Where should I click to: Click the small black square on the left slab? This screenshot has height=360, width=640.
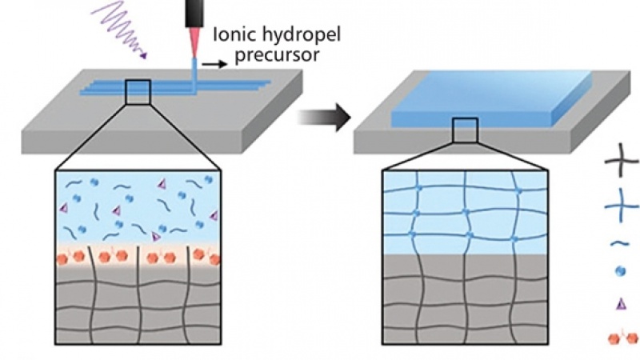[x=138, y=92]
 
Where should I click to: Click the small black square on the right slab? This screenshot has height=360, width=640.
[x=465, y=130]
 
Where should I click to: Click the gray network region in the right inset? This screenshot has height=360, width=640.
[x=465, y=296]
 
